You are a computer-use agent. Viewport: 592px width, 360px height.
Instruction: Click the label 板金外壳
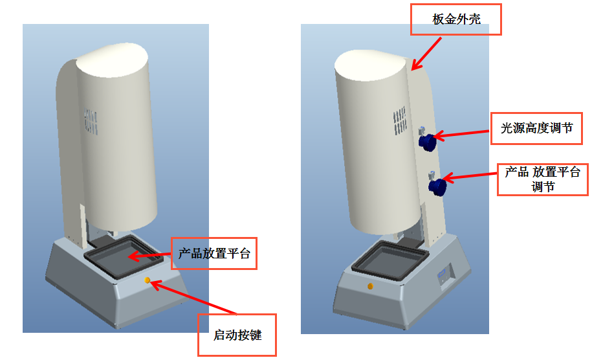coord(456,19)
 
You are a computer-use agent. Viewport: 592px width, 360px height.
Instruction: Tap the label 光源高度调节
coord(536,128)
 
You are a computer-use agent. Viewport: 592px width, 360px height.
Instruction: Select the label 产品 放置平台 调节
coord(543,179)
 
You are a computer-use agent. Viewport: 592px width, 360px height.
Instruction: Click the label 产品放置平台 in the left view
coord(214,254)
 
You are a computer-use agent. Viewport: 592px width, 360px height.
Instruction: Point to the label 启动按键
coord(237,335)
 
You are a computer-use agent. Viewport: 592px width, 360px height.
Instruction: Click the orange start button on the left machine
coord(148,280)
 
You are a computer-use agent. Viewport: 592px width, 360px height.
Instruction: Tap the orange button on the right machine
coord(370,286)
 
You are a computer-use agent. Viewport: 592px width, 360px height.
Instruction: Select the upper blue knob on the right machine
coord(426,141)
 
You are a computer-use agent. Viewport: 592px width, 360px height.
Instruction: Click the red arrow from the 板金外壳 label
coord(428,52)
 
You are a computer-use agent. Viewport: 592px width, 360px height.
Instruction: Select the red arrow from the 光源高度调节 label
coord(462,133)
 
